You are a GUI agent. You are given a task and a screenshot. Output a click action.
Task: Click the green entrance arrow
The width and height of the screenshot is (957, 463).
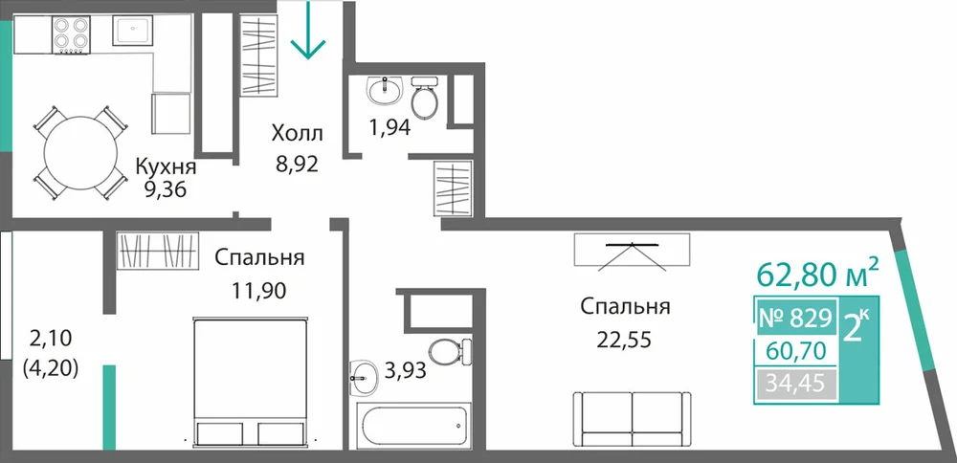pyautogui.click(x=308, y=30)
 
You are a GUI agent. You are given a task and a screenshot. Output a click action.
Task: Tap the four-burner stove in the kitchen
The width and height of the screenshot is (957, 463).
pyautogui.click(x=71, y=34)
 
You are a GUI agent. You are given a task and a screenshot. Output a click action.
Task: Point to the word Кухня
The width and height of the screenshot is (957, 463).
pyautogui.click(x=166, y=167)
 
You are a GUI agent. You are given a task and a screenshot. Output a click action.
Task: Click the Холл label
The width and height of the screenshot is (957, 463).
pyautogui.click(x=298, y=133)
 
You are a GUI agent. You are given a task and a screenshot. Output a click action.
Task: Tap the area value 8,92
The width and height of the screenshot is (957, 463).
pyautogui.click(x=298, y=165)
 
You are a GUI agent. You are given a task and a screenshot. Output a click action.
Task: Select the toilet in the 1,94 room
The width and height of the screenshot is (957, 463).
pyautogui.click(x=424, y=99)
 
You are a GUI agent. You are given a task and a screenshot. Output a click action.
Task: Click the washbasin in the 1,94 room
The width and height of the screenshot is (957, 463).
pyautogui.click(x=385, y=92)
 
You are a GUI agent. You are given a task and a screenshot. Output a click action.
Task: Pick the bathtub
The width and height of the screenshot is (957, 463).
pyautogui.click(x=413, y=426)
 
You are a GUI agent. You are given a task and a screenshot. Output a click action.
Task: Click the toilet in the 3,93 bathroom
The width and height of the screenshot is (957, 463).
pyautogui.click(x=451, y=352)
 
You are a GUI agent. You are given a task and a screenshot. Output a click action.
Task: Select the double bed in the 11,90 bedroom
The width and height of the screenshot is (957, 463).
pyautogui.click(x=250, y=382)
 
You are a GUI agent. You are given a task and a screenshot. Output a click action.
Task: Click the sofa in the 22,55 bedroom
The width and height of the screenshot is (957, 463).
pyautogui.click(x=633, y=420)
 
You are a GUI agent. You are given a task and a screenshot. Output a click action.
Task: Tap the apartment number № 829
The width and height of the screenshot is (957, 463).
pyautogui.click(x=795, y=318)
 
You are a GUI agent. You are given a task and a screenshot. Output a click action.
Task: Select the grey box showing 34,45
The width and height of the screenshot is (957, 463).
pyautogui.click(x=795, y=385)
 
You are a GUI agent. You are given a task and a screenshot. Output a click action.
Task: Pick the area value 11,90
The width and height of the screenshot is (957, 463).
pyautogui.click(x=258, y=291)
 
